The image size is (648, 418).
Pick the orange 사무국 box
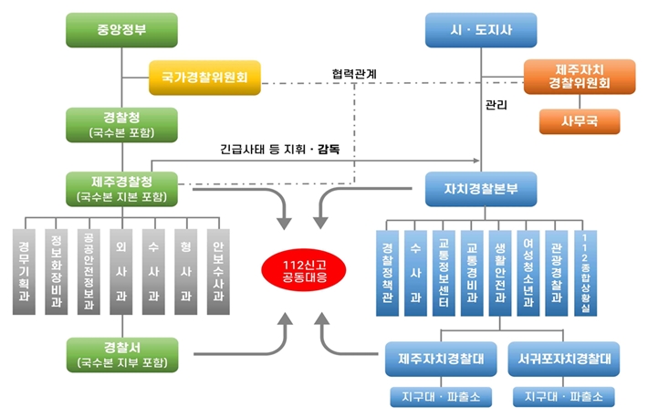point(580,120)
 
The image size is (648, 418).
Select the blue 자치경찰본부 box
point(481,189)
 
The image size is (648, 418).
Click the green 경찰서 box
point(122,354)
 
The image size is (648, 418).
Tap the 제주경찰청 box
point(122,187)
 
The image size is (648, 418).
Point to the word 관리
point(496,106)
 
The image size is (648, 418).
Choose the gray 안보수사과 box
point(217,271)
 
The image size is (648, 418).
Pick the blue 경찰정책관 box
point(387,271)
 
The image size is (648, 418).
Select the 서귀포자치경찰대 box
point(563,359)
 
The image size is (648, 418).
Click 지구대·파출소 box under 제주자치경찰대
point(441,397)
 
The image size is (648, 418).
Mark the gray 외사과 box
point(121,271)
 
